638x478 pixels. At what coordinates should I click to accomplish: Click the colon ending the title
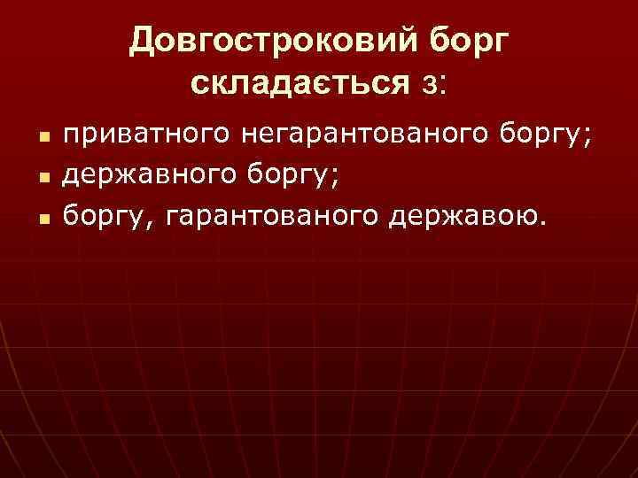pyautogui.click(x=444, y=85)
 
